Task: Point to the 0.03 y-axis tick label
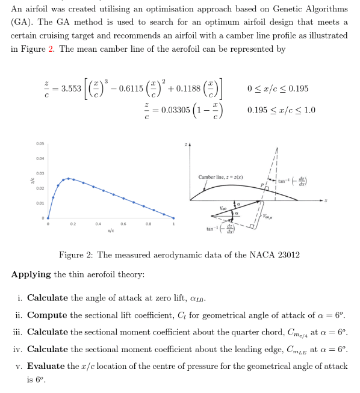pyautogui.click(x=39, y=173)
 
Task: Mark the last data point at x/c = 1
pyautogui.click(x=174, y=218)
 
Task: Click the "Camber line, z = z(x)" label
pyautogui.click(x=220, y=177)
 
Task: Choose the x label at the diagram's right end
pyautogui.click(x=327, y=200)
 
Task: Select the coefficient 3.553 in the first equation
pyautogui.click(x=70, y=88)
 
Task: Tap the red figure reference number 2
pyautogui.click(x=50, y=49)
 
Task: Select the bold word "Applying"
pyautogui.click(x=31, y=274)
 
